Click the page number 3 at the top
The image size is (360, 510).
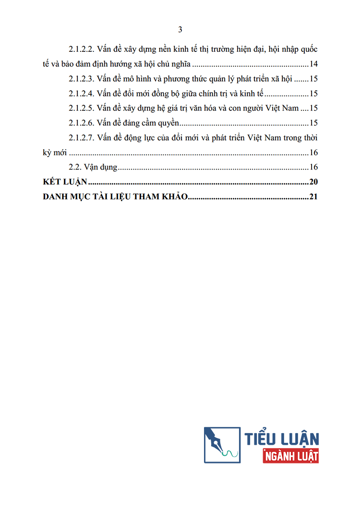[x=180, y=30]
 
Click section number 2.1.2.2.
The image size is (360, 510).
[x=82, y=49]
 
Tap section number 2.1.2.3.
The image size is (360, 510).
[x=82, y=79]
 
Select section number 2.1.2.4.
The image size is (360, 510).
[x=82, y=94]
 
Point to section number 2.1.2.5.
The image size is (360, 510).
[x=82, y=109]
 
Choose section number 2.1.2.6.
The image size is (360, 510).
[x=82, y=123]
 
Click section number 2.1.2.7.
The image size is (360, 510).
[x=82, y=138]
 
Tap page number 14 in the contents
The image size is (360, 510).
[x=314, y=64]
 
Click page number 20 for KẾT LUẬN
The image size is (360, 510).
[x=314, y=182]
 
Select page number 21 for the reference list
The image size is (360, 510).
[x=314, y=196]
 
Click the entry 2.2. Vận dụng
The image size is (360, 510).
[x=93, y=167]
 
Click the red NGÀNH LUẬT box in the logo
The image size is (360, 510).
[x=291, y=456]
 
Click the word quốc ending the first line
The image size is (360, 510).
[x=307, y=49]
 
